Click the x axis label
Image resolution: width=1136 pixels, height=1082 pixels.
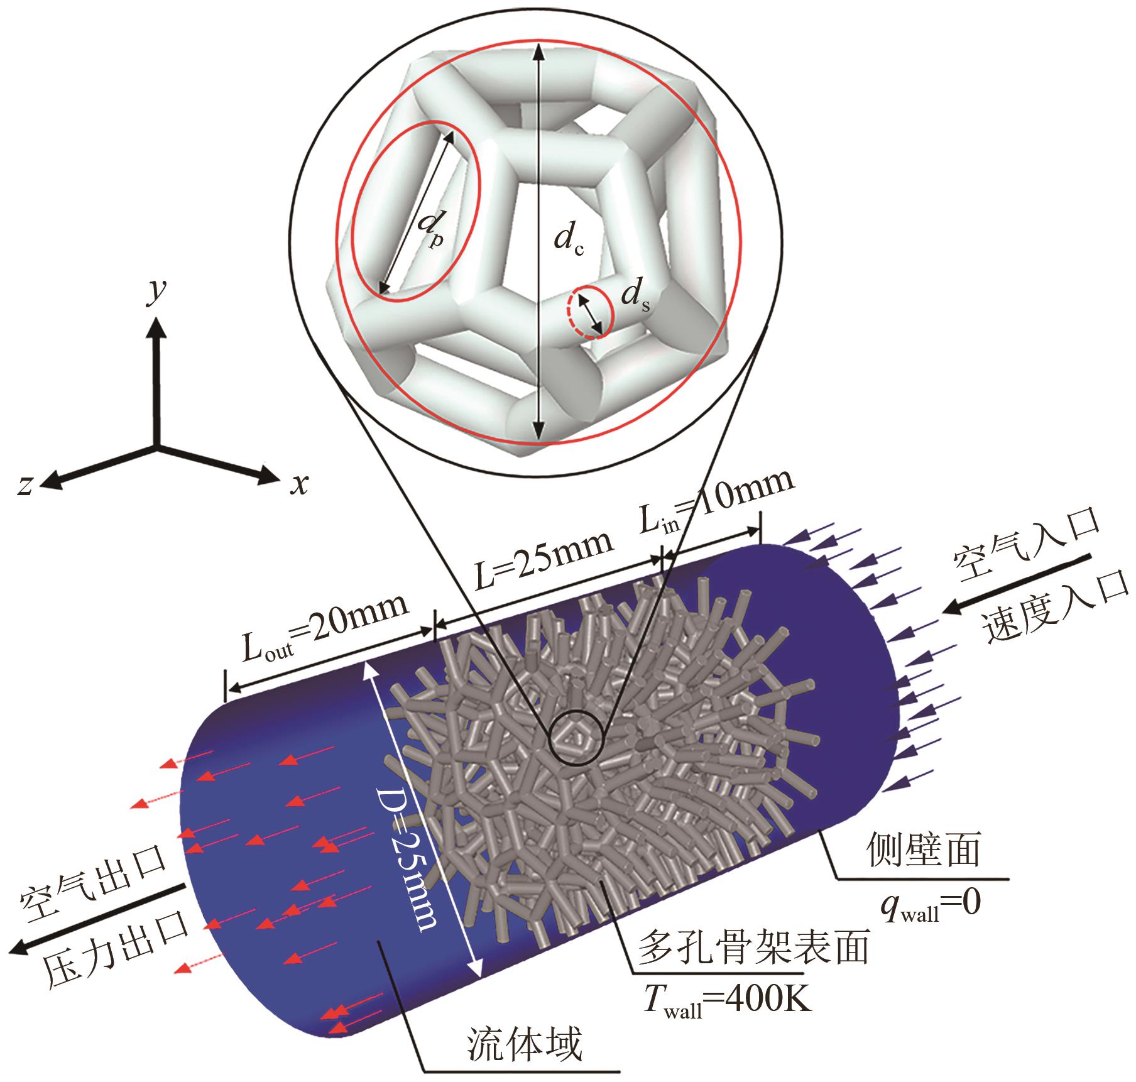pos(300,484)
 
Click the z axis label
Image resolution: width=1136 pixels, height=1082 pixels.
pos(25,484)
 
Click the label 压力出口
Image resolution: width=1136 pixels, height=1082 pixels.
pos(117,951)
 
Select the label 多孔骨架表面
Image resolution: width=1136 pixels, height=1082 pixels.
pos(753,947)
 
